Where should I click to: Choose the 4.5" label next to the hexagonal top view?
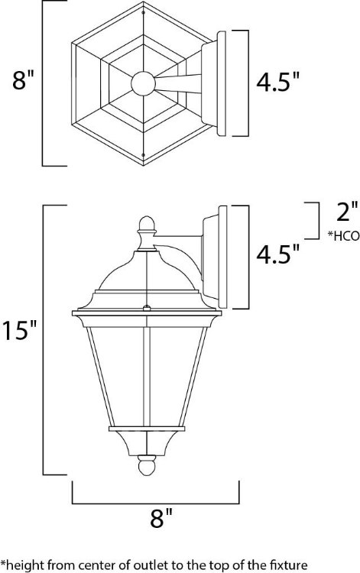pos(277,82)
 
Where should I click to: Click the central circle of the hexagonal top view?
pos(142,83)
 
